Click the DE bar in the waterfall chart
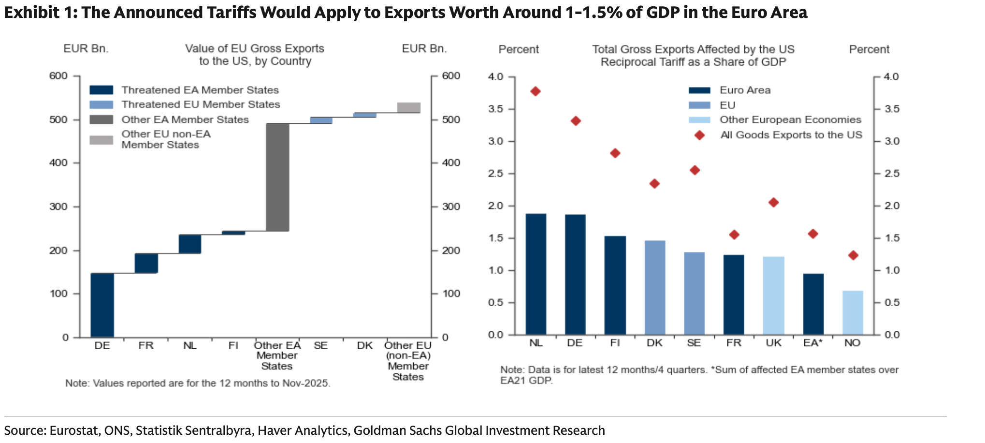(x=102, y=305)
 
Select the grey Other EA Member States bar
(x=277, y=177)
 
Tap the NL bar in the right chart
(x=536, y=274)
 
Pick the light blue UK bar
(x=773, y=295)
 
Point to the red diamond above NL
(x=536, y=91)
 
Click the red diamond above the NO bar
(x=853, y=255)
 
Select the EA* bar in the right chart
(x=813, y=304)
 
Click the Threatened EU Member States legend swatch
(x=101, y=104)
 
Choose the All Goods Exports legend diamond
(x=699, y=135)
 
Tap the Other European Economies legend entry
(x=790, y=120)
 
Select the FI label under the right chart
(x=615, y=343)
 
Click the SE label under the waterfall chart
(x=320, y=345)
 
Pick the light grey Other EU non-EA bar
(x=409, y=107)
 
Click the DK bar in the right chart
(x=655, y=287)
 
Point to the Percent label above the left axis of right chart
(x=519, y=49)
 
